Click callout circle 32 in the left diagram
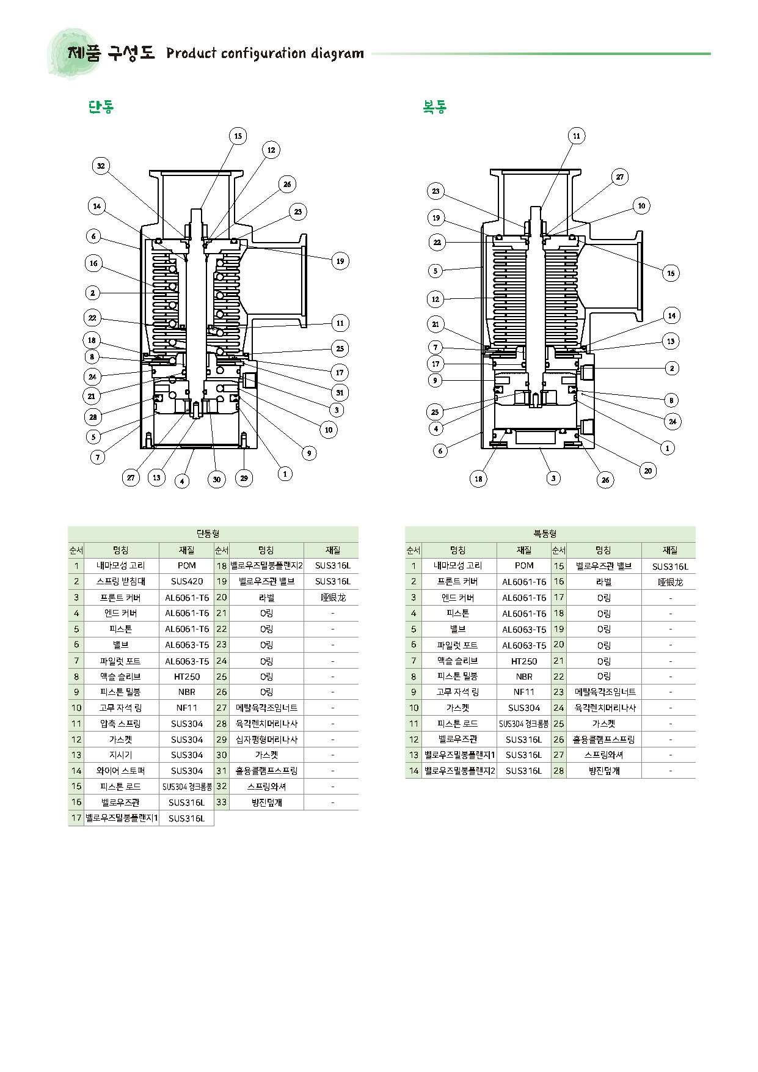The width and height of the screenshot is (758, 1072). click(101, 166)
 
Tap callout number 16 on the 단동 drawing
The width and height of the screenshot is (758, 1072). click(93, 263)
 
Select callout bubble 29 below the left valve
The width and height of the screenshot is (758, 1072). click(244, 478)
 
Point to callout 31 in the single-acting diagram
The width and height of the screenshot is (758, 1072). click(340, 392)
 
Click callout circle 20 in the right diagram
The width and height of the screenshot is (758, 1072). click(648, 471)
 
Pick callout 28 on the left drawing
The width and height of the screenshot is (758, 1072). click(93, 417)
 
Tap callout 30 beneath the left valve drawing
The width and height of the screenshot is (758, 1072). click(217, 479)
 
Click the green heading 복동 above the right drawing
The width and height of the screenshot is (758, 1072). click(435, 108)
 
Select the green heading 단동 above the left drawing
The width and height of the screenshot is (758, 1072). click(101, 108)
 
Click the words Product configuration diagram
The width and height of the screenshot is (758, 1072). click(265, 54)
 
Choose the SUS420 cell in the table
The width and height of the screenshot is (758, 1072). click(187, 581)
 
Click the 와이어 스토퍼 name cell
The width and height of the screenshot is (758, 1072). click(121, 771)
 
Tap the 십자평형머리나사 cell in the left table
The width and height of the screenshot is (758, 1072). click(267, 739)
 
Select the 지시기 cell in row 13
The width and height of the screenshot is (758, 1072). click(121, 755)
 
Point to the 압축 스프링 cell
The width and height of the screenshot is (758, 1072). click(121, 724)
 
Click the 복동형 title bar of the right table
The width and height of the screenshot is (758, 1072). click(550, 534)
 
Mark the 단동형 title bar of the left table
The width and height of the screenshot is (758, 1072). click(213, 534)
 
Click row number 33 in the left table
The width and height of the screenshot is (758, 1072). click(222, 802)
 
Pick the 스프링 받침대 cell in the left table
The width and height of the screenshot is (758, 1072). click(121, 581)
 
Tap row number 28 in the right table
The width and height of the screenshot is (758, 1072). click(559, 770)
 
